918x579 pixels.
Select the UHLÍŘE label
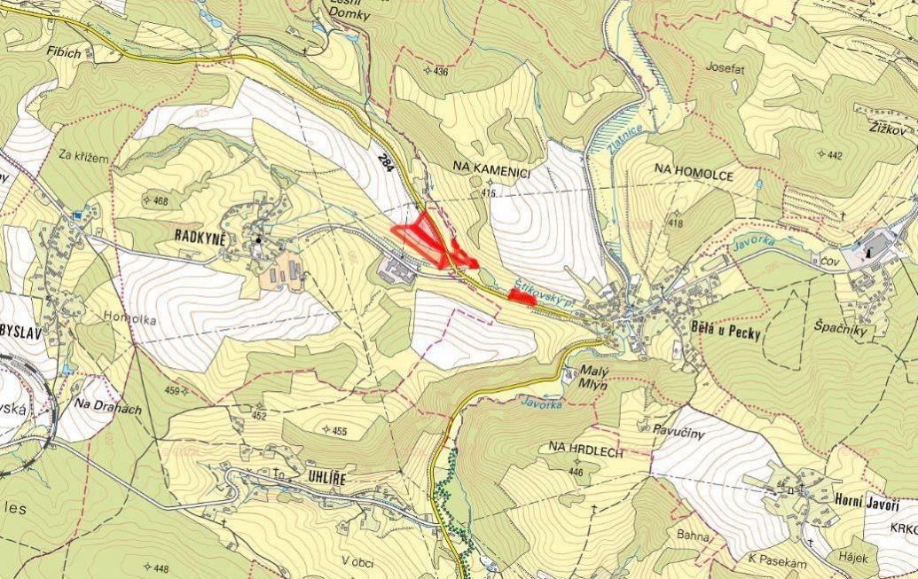(316, 478)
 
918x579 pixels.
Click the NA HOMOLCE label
(694, 176)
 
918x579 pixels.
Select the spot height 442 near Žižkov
(834, 155)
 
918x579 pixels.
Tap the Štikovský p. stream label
(541, 293)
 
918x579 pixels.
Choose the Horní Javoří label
(867, 501)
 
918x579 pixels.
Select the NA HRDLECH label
(586, 452)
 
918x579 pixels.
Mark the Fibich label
(66, 53)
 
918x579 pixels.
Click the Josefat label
(725, 67)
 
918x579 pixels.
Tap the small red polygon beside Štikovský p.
(522, 298)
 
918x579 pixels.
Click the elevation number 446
(577, 472)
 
